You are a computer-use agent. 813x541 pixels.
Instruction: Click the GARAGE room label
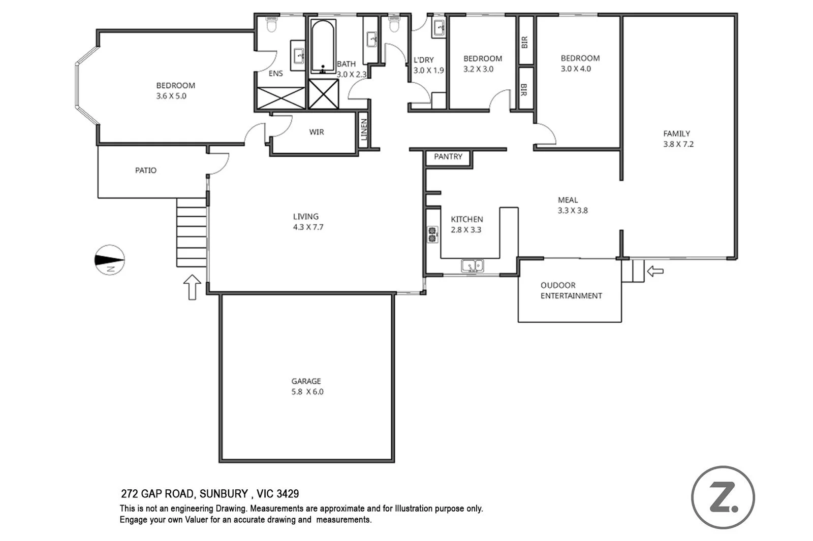306,381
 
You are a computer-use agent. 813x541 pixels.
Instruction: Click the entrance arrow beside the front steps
192,287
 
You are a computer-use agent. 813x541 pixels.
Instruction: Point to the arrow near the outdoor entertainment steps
655,272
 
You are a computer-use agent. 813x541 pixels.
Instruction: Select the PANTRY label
448,157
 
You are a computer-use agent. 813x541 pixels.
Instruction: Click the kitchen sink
473,266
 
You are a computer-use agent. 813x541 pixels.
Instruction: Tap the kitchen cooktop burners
432,234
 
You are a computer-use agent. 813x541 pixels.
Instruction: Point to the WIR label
316,132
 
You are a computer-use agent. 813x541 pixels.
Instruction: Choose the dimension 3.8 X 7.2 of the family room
678,144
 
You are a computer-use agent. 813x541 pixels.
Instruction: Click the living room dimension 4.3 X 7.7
307,227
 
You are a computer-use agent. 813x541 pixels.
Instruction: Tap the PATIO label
146,171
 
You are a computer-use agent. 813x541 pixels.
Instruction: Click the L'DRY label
423,60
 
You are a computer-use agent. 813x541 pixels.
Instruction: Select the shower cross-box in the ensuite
281,98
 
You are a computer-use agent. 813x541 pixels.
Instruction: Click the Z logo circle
723,497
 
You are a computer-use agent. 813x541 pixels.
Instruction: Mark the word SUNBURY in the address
223,494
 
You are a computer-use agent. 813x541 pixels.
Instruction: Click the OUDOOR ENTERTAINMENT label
571,290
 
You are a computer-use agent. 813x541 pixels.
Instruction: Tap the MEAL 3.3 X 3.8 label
572,205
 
